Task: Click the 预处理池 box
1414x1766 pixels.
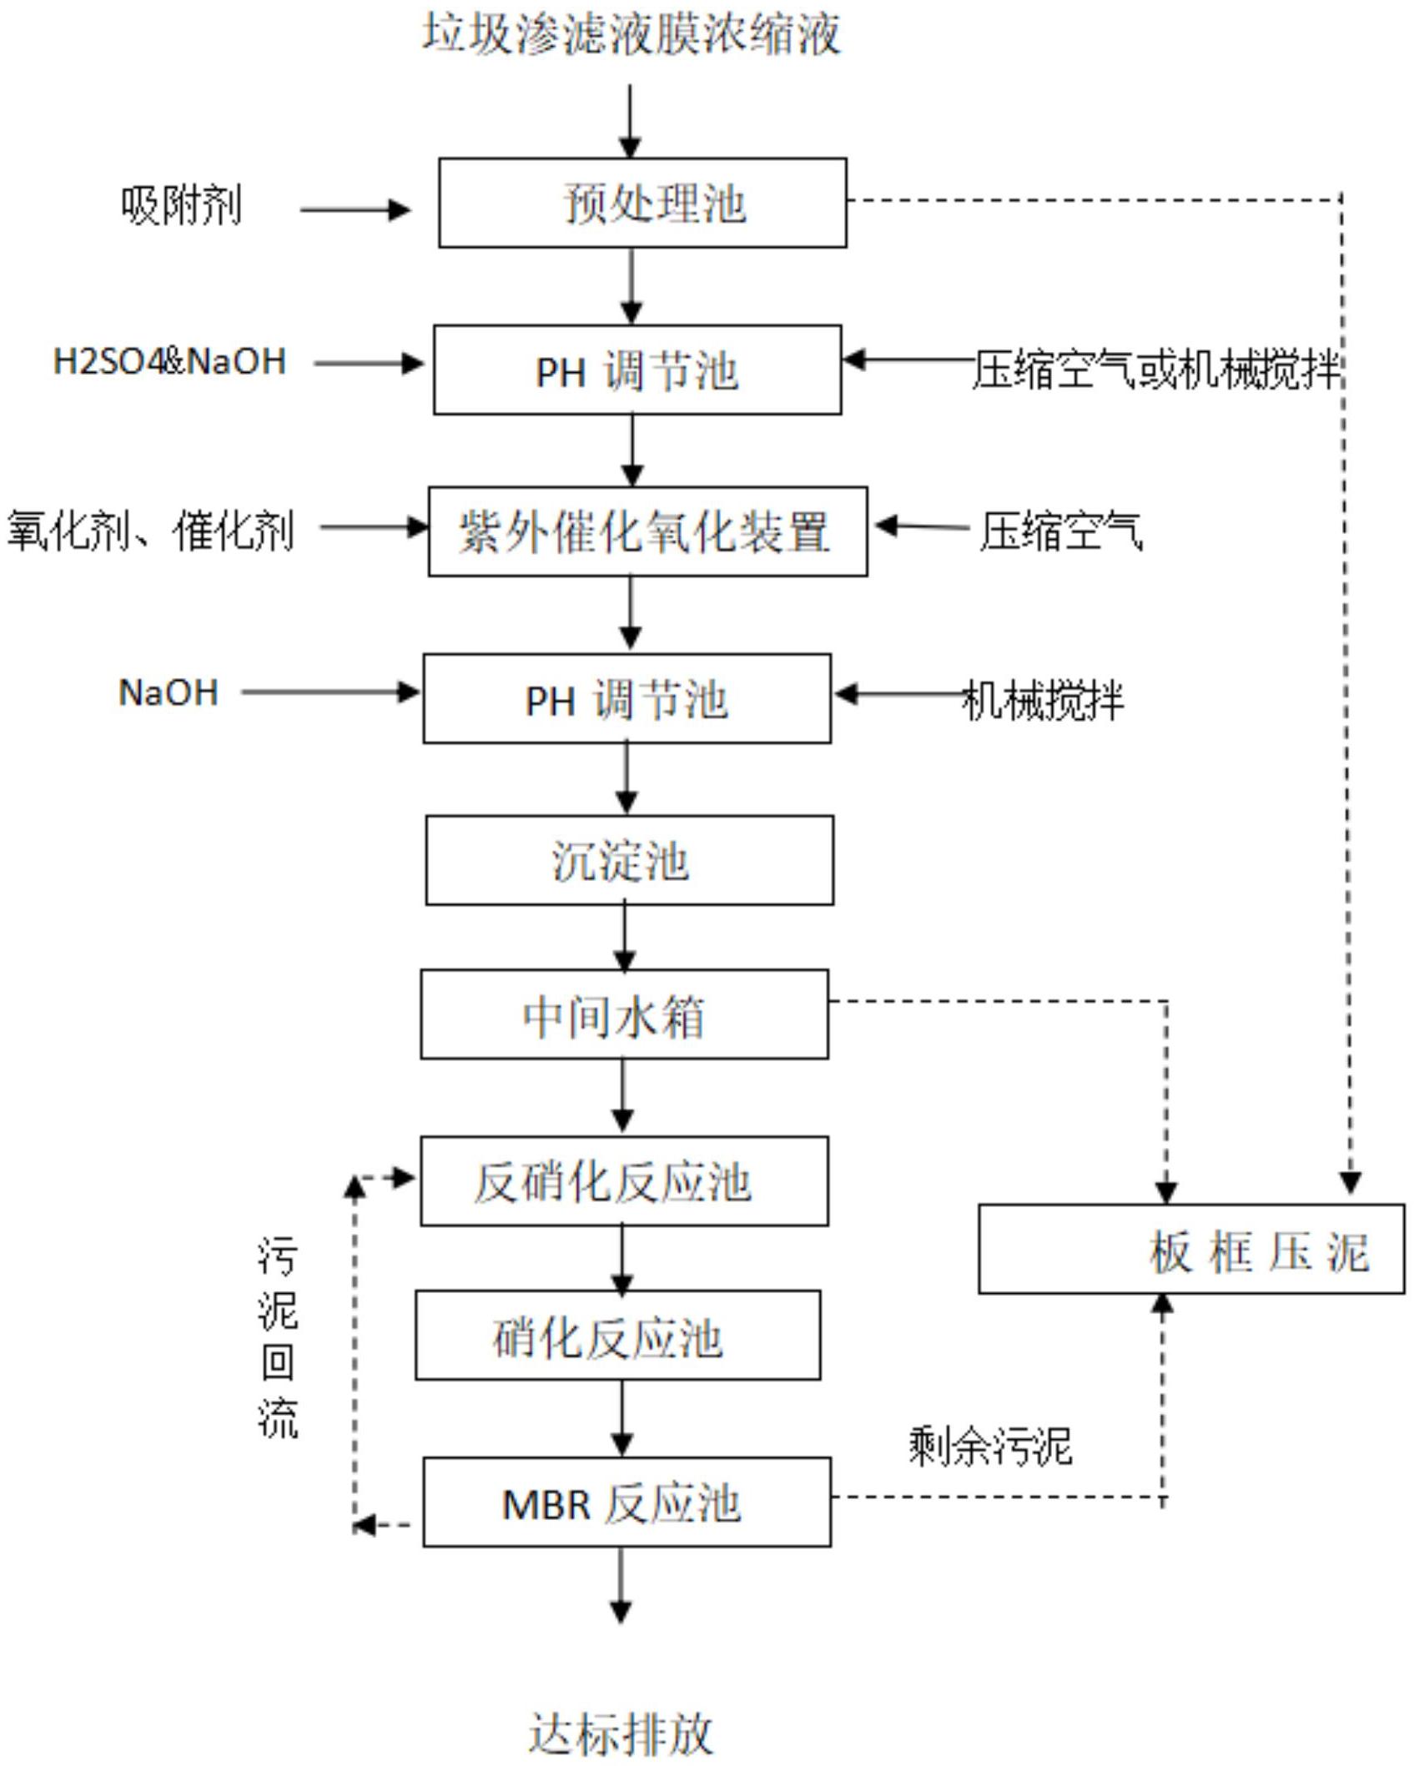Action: click(642, 203)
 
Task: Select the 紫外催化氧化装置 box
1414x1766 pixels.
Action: click(647, 531)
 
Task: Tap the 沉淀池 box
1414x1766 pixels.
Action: click(629, 860)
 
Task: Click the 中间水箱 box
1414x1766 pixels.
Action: click(624, 1014)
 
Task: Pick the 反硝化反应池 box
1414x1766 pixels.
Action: click(624, 1181)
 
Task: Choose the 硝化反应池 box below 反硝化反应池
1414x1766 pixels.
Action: click(617, 1336)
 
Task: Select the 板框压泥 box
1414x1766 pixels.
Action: click(1190, 1250)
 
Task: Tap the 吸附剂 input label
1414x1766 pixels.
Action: click(181, 205)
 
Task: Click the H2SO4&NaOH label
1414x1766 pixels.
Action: click(169, 362)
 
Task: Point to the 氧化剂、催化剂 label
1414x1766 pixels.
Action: click(151, 531)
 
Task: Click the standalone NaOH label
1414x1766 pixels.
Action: click(169, 692)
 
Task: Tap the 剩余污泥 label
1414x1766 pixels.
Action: click(989, 1447)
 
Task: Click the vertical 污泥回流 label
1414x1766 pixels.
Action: click(277, 1337)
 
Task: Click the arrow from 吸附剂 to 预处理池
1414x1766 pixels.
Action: click(355, 209)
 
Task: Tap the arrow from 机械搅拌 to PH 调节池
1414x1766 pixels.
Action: click(897, 694)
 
